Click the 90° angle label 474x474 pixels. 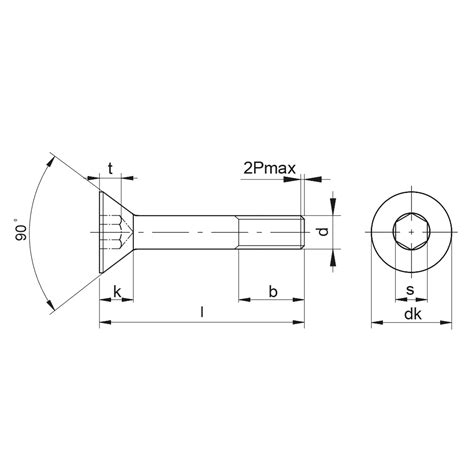[x=20, y=230]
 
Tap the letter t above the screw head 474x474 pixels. [x=110, y=169]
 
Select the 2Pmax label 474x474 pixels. [x=269, y=169]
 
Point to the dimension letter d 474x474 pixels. [x=323, y=231]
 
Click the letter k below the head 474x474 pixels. [x=117, y=291]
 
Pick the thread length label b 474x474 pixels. [x=273, y=291]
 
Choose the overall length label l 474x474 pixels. [x=201, y=312]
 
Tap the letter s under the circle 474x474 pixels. [x=410, y=290]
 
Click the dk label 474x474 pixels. [x=413, y=314]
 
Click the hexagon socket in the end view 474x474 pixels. [x=411, y=232]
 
